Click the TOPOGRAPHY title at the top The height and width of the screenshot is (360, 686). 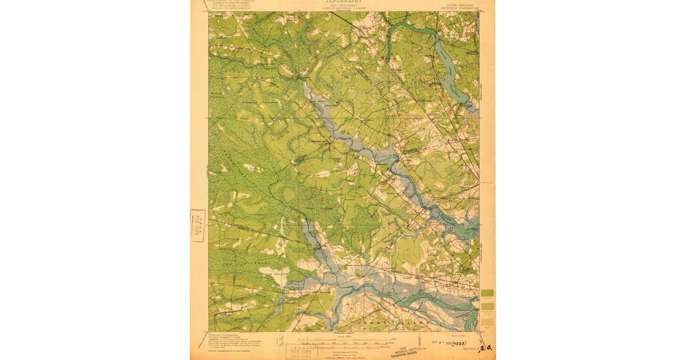click(x=343, y=2)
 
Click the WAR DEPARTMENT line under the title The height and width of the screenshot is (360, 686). click(x=343, y=6)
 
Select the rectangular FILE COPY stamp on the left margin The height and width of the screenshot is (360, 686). click(x=197, y=226)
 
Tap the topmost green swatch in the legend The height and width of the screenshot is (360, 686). click(x=487, y=293)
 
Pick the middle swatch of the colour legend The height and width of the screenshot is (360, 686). click(x=487, y=307)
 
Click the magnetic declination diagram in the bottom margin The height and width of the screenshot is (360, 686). click(x=280, y=342)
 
